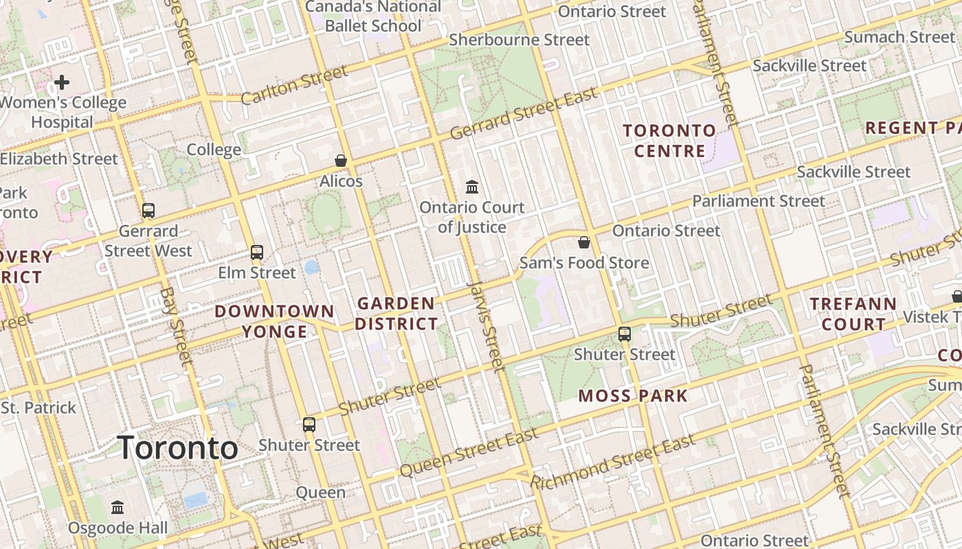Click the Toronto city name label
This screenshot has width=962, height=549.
[178, 448]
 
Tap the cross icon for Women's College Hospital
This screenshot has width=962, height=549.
[62, 83]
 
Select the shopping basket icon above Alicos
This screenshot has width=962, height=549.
[340, 161]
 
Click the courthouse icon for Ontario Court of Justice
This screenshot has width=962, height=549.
[472, 187]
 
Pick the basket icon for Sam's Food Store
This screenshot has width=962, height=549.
[583, 242]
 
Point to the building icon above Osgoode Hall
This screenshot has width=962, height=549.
[118, 508]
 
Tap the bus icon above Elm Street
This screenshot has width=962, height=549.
[257, 252]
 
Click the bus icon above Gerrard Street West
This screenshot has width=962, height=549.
[148, 211]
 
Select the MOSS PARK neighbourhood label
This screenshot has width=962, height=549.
[632, 396]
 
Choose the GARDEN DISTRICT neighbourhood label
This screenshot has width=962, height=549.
[396, 314]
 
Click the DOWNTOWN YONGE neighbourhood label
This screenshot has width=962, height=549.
[274, 321]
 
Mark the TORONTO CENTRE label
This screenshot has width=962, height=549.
[669, 141]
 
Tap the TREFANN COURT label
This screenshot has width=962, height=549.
[853, 314]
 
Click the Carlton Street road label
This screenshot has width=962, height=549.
[295, 86]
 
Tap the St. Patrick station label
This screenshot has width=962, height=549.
[38, 408]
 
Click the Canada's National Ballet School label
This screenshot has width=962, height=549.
[373, 16]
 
